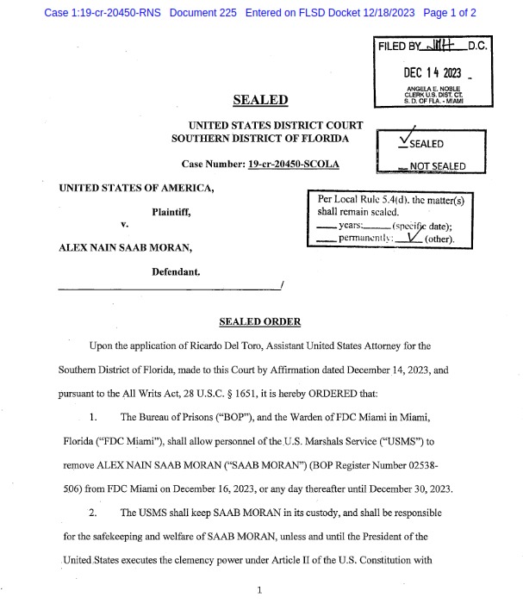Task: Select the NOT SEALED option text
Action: click(x=437, y=166)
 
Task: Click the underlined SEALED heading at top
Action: click(x=261, y=100)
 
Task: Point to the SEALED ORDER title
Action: click(x=260, y=321)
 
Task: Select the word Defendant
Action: click(x=176, y=271)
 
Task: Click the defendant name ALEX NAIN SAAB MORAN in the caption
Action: click(x=124, y=247)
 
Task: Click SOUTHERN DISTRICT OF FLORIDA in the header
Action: click(x=260, y=139)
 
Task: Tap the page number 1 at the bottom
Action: click(x=259, y=590)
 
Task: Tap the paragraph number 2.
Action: click(x=94, y=513)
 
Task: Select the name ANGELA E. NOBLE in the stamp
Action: click(x=433, y=89)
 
